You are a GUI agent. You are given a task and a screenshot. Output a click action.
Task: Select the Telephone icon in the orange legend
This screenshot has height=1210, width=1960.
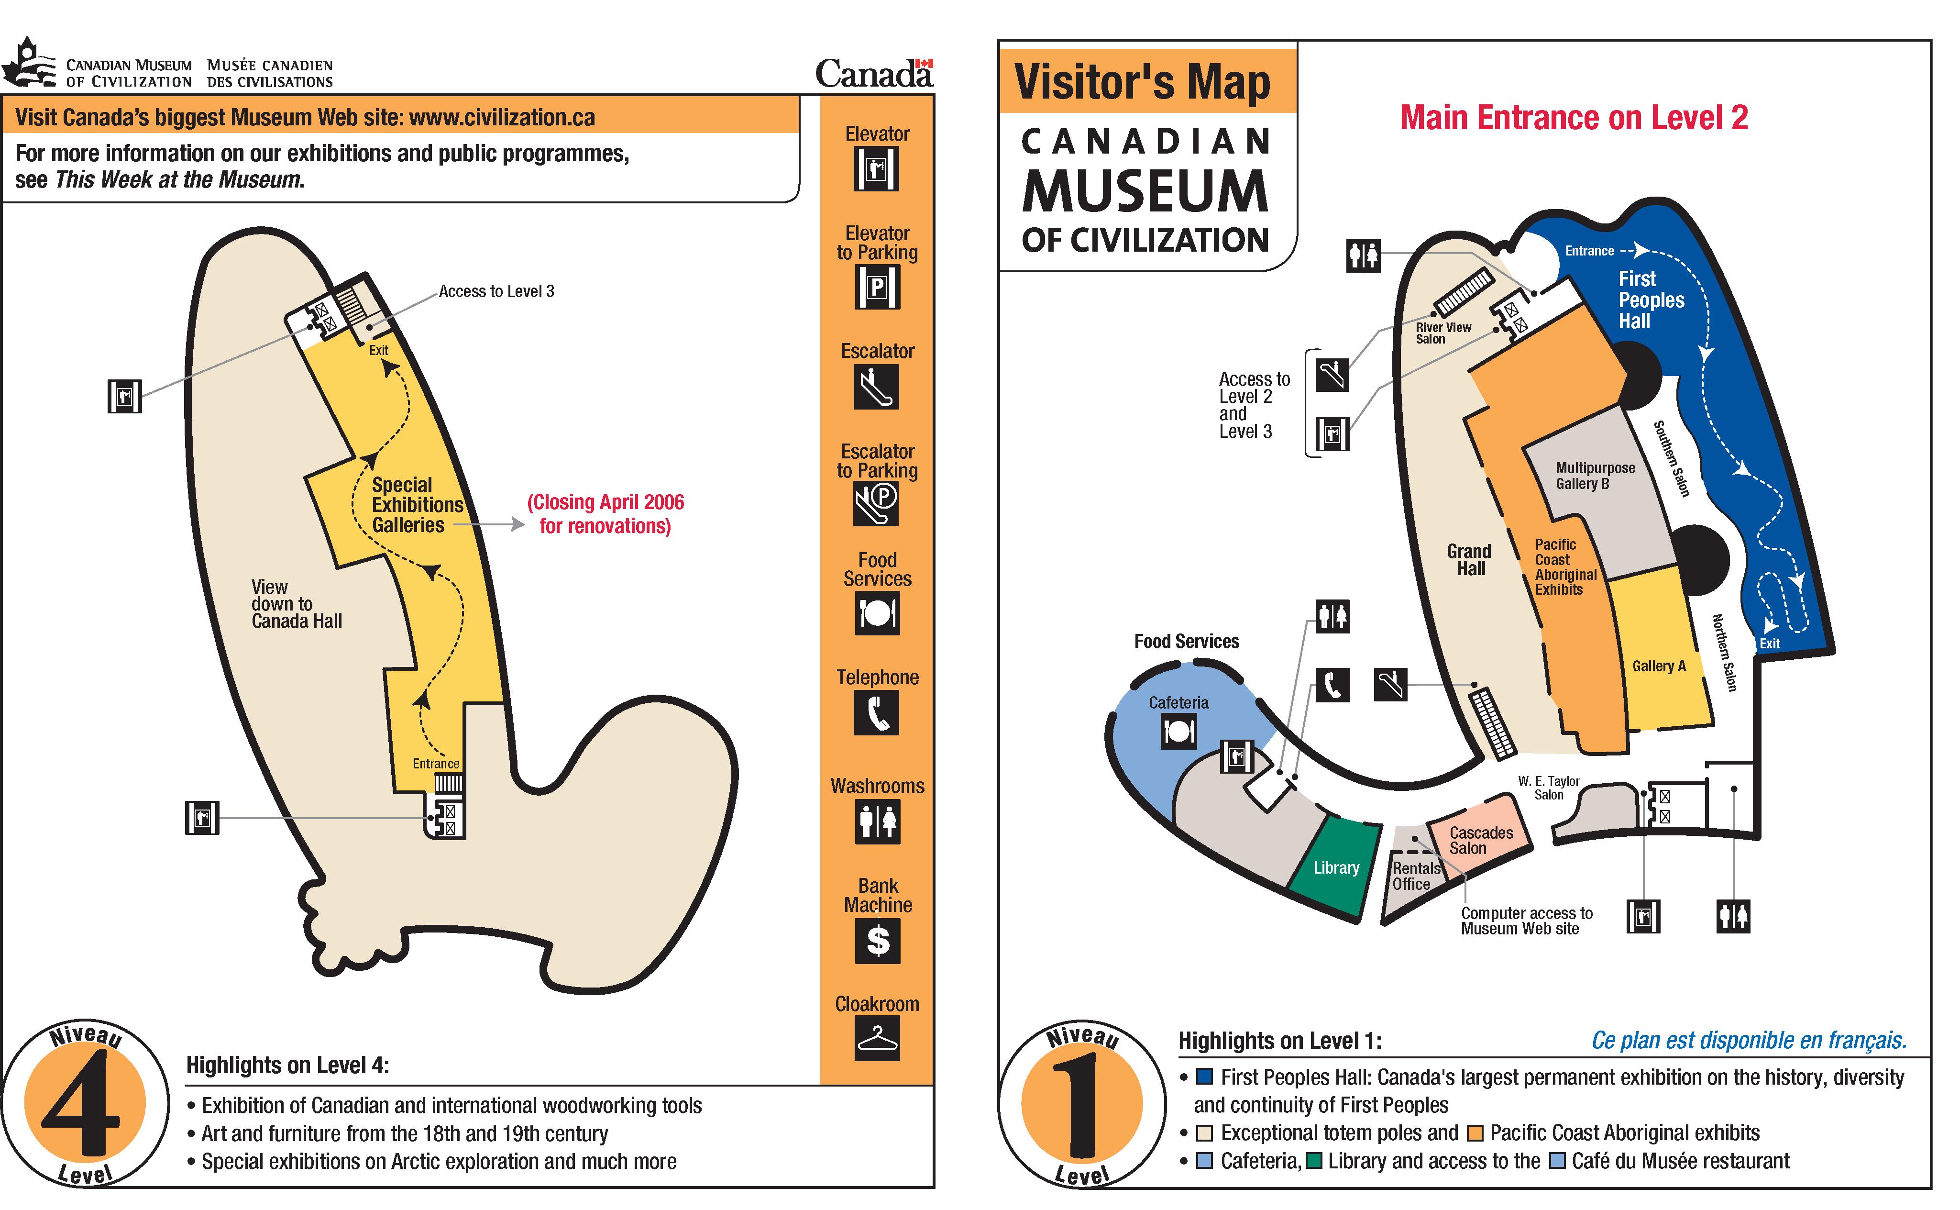point(877,712)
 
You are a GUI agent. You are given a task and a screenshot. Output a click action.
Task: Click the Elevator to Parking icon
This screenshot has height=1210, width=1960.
point(878,287)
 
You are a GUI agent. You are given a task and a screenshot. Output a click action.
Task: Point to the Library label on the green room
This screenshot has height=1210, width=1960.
point(1336,867)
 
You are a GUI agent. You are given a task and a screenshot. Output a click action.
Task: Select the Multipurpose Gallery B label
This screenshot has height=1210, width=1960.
point(1595,476)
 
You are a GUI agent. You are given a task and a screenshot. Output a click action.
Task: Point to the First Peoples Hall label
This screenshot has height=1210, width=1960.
point(1651,300)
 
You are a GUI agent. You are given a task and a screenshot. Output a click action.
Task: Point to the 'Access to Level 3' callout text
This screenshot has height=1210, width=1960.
point(496,291)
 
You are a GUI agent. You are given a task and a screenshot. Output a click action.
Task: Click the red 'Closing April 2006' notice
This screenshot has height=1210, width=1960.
point(605,514)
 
